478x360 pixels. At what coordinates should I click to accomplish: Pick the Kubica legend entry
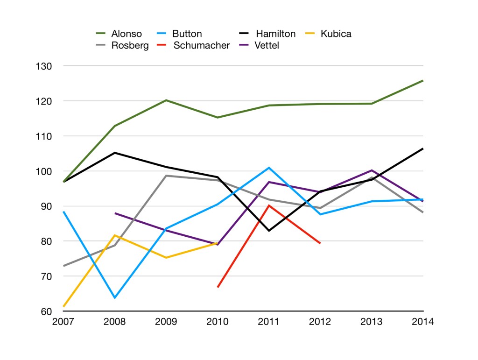[336, 34]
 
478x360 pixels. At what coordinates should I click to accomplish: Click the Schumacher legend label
[201, 46]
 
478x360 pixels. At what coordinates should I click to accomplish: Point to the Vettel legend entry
[267, 46]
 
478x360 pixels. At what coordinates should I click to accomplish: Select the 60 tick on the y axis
[45, 311]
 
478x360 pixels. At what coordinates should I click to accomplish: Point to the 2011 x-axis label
[269, 322]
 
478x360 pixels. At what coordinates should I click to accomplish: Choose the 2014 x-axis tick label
[422, 322]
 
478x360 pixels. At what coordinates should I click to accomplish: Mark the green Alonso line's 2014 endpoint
[423, 81]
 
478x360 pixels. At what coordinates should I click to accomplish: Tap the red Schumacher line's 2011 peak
[269, 205]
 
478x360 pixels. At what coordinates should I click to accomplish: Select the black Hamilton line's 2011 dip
[269, 231]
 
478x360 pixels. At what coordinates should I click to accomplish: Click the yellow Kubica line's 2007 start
[63, 306]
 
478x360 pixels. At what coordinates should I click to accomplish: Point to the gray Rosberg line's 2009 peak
[166, 176]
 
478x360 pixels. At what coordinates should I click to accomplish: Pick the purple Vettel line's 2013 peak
[372, 170]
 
